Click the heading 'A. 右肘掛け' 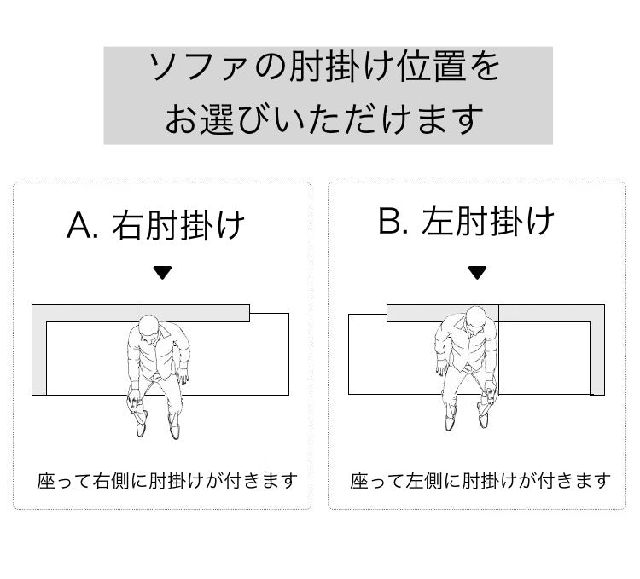(156, 225)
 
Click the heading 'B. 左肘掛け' (467, 222)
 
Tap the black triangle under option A (162, 273)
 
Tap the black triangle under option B (477, 273)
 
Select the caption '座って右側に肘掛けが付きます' (167, 481)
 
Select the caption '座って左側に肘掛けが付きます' (480, 481)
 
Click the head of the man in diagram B (474, 322)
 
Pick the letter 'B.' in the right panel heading (395, 222)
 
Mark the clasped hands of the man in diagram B (489, 393)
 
